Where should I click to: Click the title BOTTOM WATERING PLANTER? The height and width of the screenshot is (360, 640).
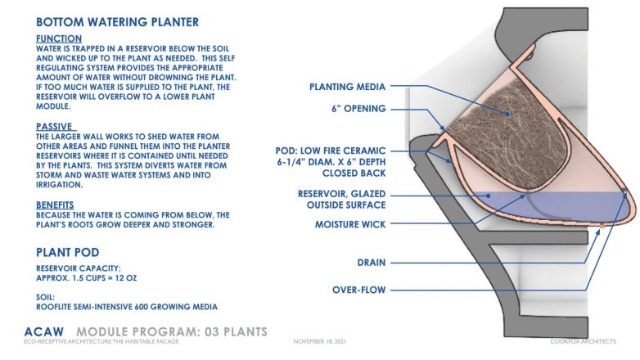click(118, 22)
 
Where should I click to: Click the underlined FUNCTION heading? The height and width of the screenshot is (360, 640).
click(59, 38)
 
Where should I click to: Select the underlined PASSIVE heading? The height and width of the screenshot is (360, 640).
click(56, 127)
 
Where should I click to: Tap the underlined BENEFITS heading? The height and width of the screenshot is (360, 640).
click(55, 205)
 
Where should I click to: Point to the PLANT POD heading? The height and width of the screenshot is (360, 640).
click(68, 252)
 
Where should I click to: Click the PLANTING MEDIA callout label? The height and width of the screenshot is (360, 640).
click(347, 87)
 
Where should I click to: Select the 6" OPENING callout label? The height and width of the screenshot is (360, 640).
click(358, 109)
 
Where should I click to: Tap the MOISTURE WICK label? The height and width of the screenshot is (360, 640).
click(350, 224)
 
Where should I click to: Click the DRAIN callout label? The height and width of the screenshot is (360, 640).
click(372, 263)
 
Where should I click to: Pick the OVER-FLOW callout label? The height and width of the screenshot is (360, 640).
click(358, 290)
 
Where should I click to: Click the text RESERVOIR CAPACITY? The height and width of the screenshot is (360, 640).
click(79, 268)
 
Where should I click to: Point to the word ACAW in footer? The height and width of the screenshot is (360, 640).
click(44, 332)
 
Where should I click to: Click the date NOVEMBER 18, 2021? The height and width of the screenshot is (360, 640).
click(320, 341)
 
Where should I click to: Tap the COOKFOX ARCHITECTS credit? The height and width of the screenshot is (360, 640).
click(583, 341)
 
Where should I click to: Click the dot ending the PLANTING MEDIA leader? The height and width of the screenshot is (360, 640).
click(507, 115)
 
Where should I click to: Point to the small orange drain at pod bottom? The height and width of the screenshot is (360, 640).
click(602, 225)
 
